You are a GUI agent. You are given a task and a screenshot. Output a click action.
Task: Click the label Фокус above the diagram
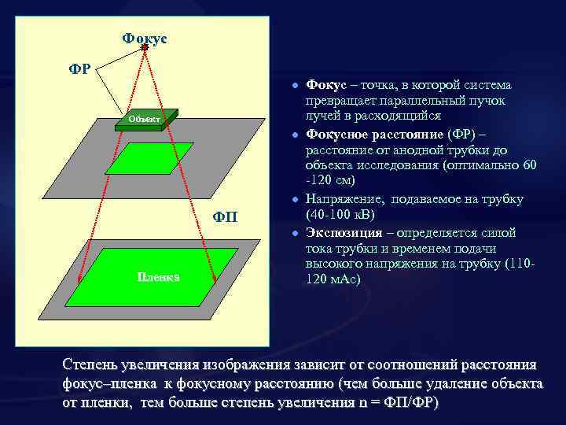(x=145, y=38)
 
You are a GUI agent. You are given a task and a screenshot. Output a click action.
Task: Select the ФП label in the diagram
(x=228, y=216)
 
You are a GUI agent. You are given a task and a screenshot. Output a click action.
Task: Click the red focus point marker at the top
(x=145, y=49)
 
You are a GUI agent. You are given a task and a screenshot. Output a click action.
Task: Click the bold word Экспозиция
(x=344, y=233)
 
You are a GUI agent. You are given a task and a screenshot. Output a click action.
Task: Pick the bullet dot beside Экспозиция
(x=292, y=235)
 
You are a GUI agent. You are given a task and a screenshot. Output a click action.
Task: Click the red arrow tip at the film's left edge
(x=79, y=279)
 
